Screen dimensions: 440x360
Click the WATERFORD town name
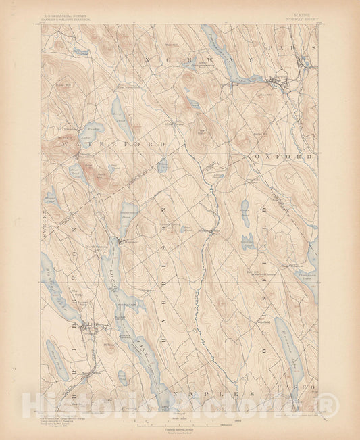[x=111, y=144]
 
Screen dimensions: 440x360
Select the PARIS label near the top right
[x=292, y=49]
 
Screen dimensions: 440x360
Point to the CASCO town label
[x=292, y=385]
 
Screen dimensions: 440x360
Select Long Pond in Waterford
[x=119, y=107]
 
